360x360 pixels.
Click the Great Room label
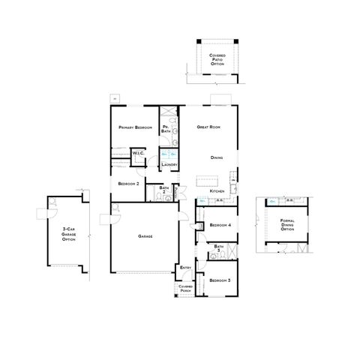[208, 127]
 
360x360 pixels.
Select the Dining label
[217, 157]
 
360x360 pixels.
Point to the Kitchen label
[217, 191]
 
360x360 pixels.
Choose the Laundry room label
[169, 163]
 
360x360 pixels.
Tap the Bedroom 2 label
[129, 183]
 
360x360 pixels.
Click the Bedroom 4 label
[220, 225]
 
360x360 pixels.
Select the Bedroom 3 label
[220, 280]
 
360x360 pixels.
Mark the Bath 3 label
[219, 247]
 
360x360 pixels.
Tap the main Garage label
[145, 236]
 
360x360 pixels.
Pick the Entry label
[185, 268]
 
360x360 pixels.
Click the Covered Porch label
[185, 288]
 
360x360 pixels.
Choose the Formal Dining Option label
[286, 225]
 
